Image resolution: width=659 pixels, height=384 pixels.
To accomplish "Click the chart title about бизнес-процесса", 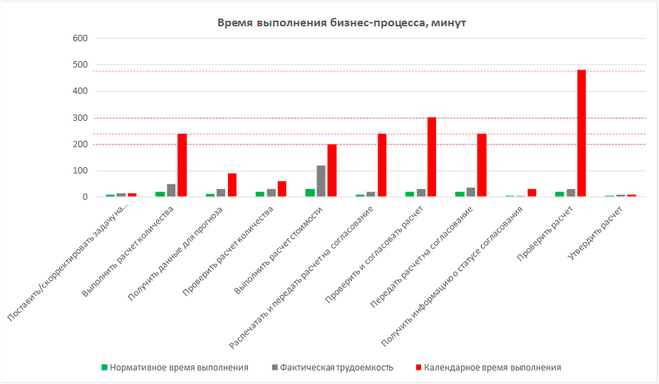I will click(341, 23).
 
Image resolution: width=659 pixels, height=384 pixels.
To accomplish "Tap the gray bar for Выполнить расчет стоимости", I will click(321, 181).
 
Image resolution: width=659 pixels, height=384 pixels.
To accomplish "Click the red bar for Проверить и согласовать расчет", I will click(432, 157).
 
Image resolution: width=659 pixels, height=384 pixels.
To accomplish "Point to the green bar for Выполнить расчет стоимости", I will click(309, 193).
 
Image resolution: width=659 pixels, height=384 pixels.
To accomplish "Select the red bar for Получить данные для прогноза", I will click(232, 186).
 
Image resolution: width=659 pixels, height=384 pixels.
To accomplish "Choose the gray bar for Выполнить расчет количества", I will click(171, 191).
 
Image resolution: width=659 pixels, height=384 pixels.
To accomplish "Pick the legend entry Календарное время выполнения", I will click(492, 368).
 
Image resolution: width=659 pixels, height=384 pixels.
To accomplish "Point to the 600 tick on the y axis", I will click(79, 38).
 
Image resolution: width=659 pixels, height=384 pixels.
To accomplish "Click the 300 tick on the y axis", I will click(79, 118).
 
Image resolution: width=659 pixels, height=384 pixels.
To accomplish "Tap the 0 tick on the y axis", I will click(85, 198).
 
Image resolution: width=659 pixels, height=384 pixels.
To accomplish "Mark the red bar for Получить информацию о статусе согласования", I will click(531, 193).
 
